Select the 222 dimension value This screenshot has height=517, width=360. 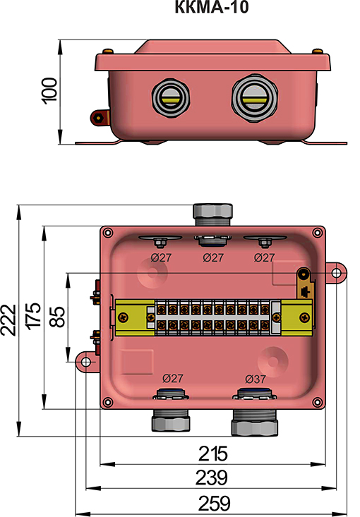[x=9, y=321]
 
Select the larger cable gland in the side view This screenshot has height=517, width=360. [x=252, y=97]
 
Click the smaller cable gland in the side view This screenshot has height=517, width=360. [x=170, y=97]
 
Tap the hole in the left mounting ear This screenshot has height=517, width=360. [x=85, y=362]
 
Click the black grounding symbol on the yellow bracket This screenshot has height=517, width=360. [x=304, y=290]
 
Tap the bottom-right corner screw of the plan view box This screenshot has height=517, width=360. [x=318, y=403]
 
